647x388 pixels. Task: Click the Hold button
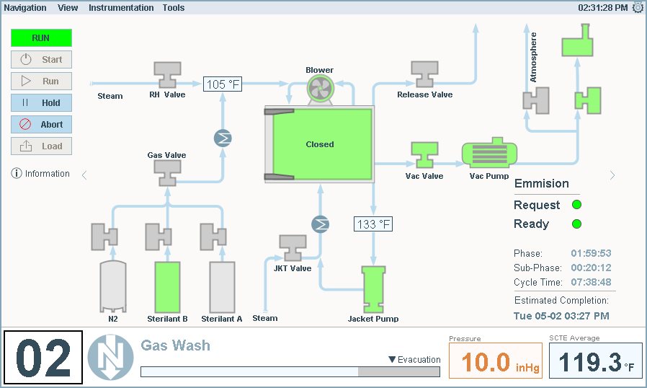pyautogui.click(x=41, y=103)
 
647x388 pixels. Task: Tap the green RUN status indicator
pyautogui.click(x=41, y=38)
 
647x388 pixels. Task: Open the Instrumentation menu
pyautogui.click(x=121, y=8)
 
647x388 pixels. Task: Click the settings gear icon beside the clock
pyautogui.click(x=638, y=8)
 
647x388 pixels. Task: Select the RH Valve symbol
pyautogui.click(x=168, y=74)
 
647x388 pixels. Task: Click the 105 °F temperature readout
pyautogui.click(x=222, y=85)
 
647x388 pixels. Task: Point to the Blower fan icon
pyautogui.click(x=319, y=89)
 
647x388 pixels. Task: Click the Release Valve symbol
pyautogui.click(x=424, y=74)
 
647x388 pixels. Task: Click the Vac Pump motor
pyautogui.click(x=485, y=154)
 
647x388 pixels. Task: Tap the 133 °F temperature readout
pyautogui.click(x=372, y=224)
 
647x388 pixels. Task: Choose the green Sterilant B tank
pyautogui.click(x=167, y=286)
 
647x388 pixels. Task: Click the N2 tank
pyautogui.click(x=112, y=286)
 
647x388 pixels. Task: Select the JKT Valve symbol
pyautogui.click(x=292, y=248)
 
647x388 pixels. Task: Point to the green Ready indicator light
pyautogui.click(x=576, y=224)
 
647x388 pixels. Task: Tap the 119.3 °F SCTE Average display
pyautogui.click(x=595, y=361)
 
